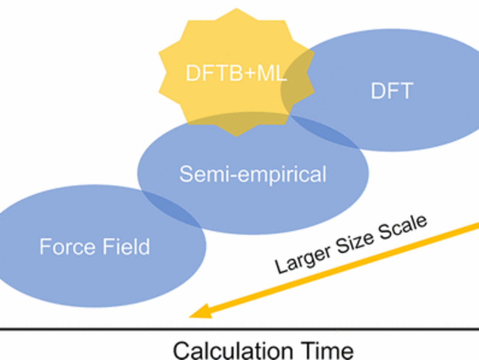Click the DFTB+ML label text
[236, 73]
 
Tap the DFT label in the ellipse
[391, 91]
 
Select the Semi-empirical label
[252, 174]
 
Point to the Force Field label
[94, 246]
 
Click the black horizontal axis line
[240, 329]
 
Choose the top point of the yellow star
[236, 9]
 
